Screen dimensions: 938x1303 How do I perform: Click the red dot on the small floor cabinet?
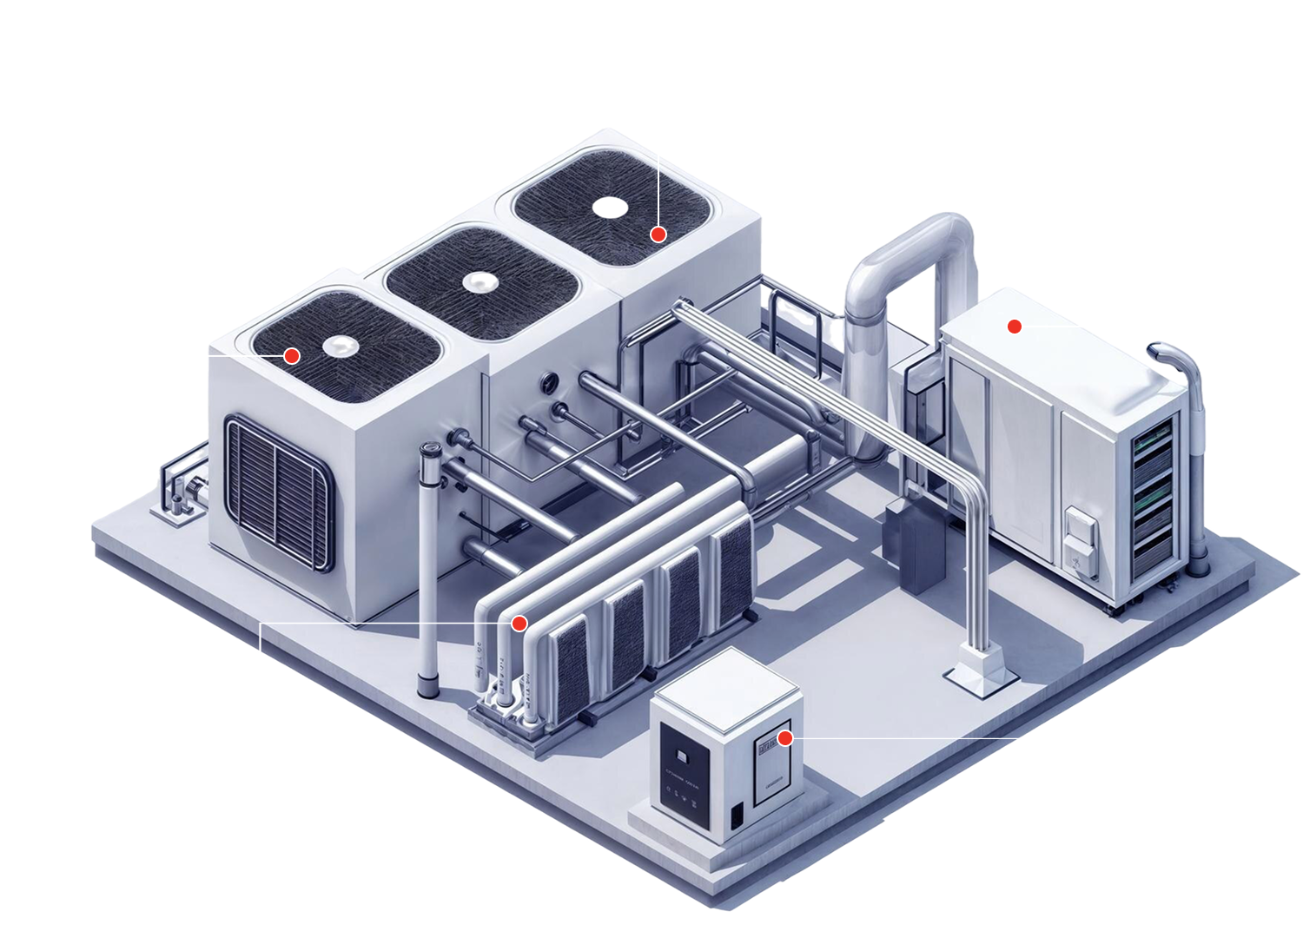pos(785,738)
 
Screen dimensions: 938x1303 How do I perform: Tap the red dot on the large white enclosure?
pos(1014,327)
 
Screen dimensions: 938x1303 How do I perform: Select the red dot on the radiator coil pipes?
pos(519,623)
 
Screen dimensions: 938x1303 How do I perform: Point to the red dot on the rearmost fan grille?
pos(658,234)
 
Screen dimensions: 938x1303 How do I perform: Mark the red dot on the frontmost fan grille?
pos(292,355)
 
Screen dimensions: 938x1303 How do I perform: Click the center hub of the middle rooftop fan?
pos(479,281)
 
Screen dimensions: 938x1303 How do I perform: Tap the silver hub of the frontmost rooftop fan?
pos(341,347)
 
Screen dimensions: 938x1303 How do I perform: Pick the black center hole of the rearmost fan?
pos(611,207)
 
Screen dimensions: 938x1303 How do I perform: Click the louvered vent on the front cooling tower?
pos(279,492)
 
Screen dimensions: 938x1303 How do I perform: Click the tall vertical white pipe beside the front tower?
pos(427,565)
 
